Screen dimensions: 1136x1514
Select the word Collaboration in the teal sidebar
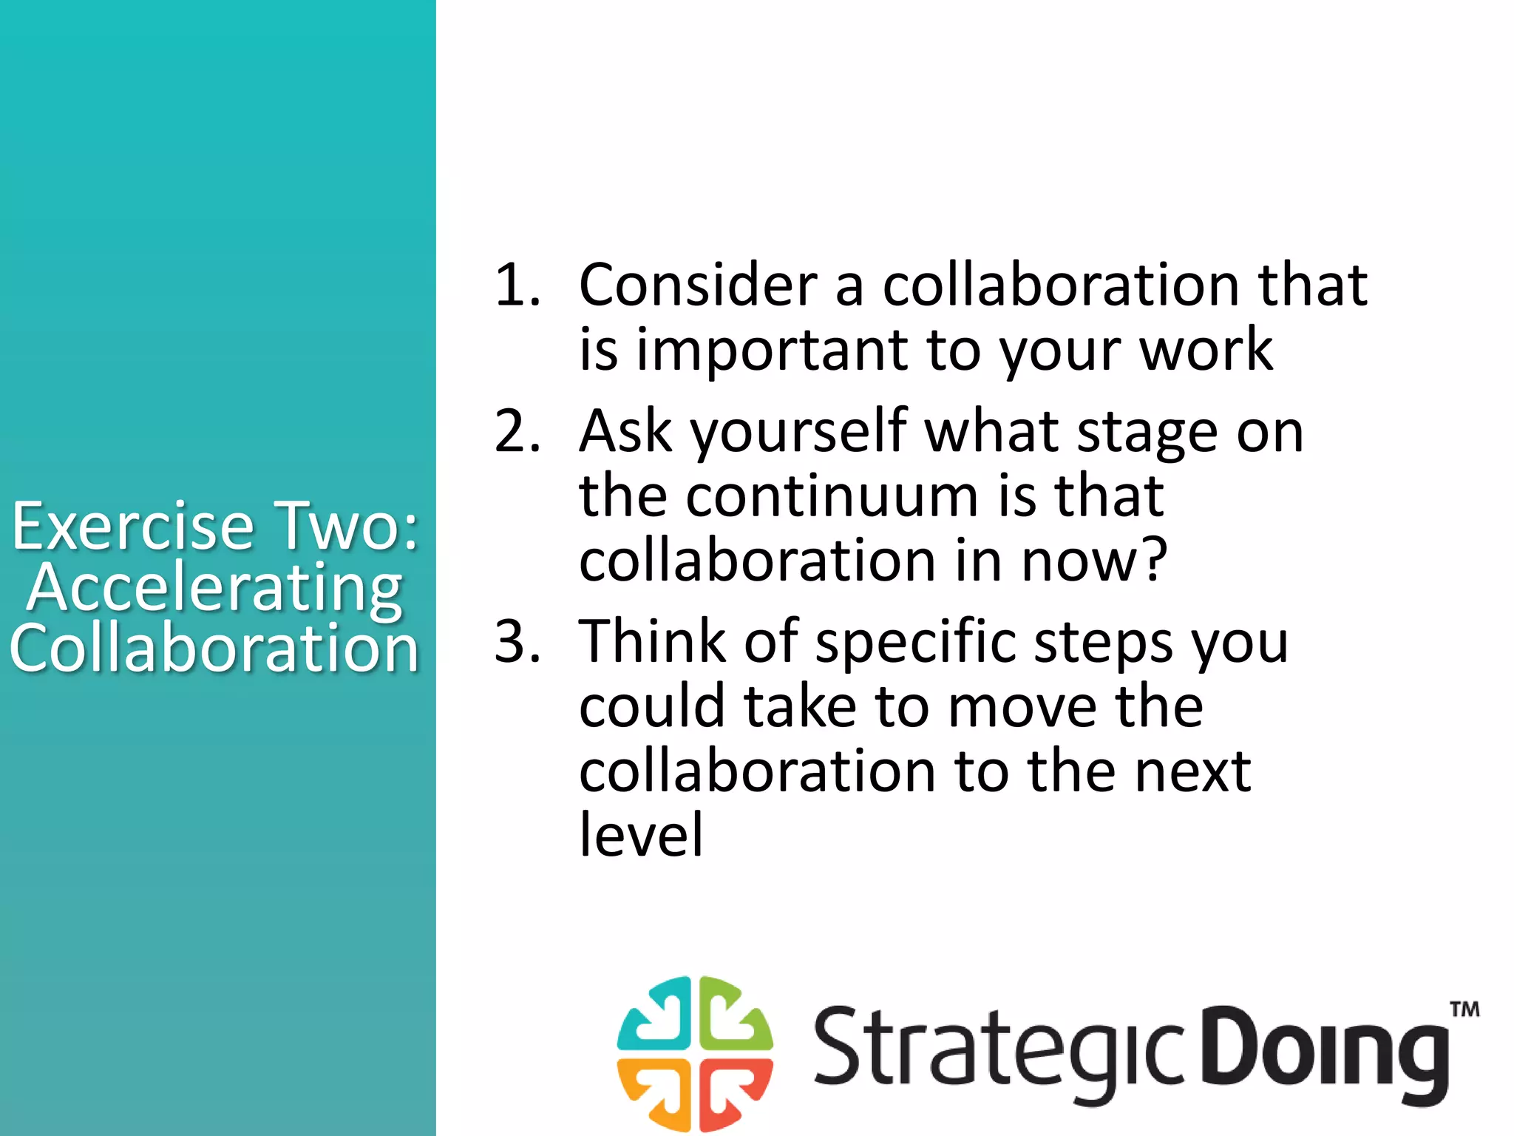[x=214, y=648]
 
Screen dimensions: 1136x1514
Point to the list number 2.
[x=517, y=431]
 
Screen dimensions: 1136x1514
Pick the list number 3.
[x=517, y=640]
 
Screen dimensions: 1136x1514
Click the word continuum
[x=832, y=496]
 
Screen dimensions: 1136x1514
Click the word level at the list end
[x=641, y=834]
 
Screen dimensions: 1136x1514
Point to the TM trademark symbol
[x=1464, y=1010]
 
